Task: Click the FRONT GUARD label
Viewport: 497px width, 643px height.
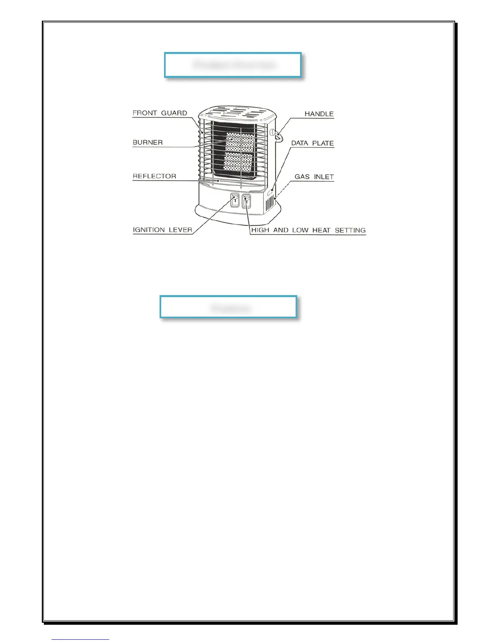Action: pyautogui.click(x=160, y=113)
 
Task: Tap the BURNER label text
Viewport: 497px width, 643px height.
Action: pyautogui.click(x=148, y=142)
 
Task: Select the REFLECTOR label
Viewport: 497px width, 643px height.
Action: pyautogui.click(x=154, y=176)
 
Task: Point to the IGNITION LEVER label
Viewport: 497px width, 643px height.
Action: pyautogui.click(x=162, y=230)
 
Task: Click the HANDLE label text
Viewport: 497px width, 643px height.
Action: pyautogui.click(x=319, y=114)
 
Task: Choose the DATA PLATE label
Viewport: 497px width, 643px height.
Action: pyautogui.click(x=312, y=143)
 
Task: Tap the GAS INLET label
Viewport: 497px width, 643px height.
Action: pyautogui.click(x=314, y=177)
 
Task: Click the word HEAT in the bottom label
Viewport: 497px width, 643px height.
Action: pyautogui.click(x=322, y=230)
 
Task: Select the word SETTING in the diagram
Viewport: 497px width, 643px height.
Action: pyautogui.click(x=350, y=230)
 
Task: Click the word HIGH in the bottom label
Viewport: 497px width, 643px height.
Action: pyautogui.click(x=260, y=230)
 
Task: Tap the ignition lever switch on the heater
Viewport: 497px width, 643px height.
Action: pyautogui.click(x=235, y=200)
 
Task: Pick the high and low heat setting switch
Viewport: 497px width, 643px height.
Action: pyautogui.click(x=246, y=201)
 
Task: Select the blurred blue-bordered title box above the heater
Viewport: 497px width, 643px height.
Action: pyautogui.click(x=233, y=65)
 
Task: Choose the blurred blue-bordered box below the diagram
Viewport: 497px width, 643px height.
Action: pyautogui.click(x=229, y=307)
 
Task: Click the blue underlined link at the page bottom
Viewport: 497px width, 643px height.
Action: pyautogui.click(x=80, y=639)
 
